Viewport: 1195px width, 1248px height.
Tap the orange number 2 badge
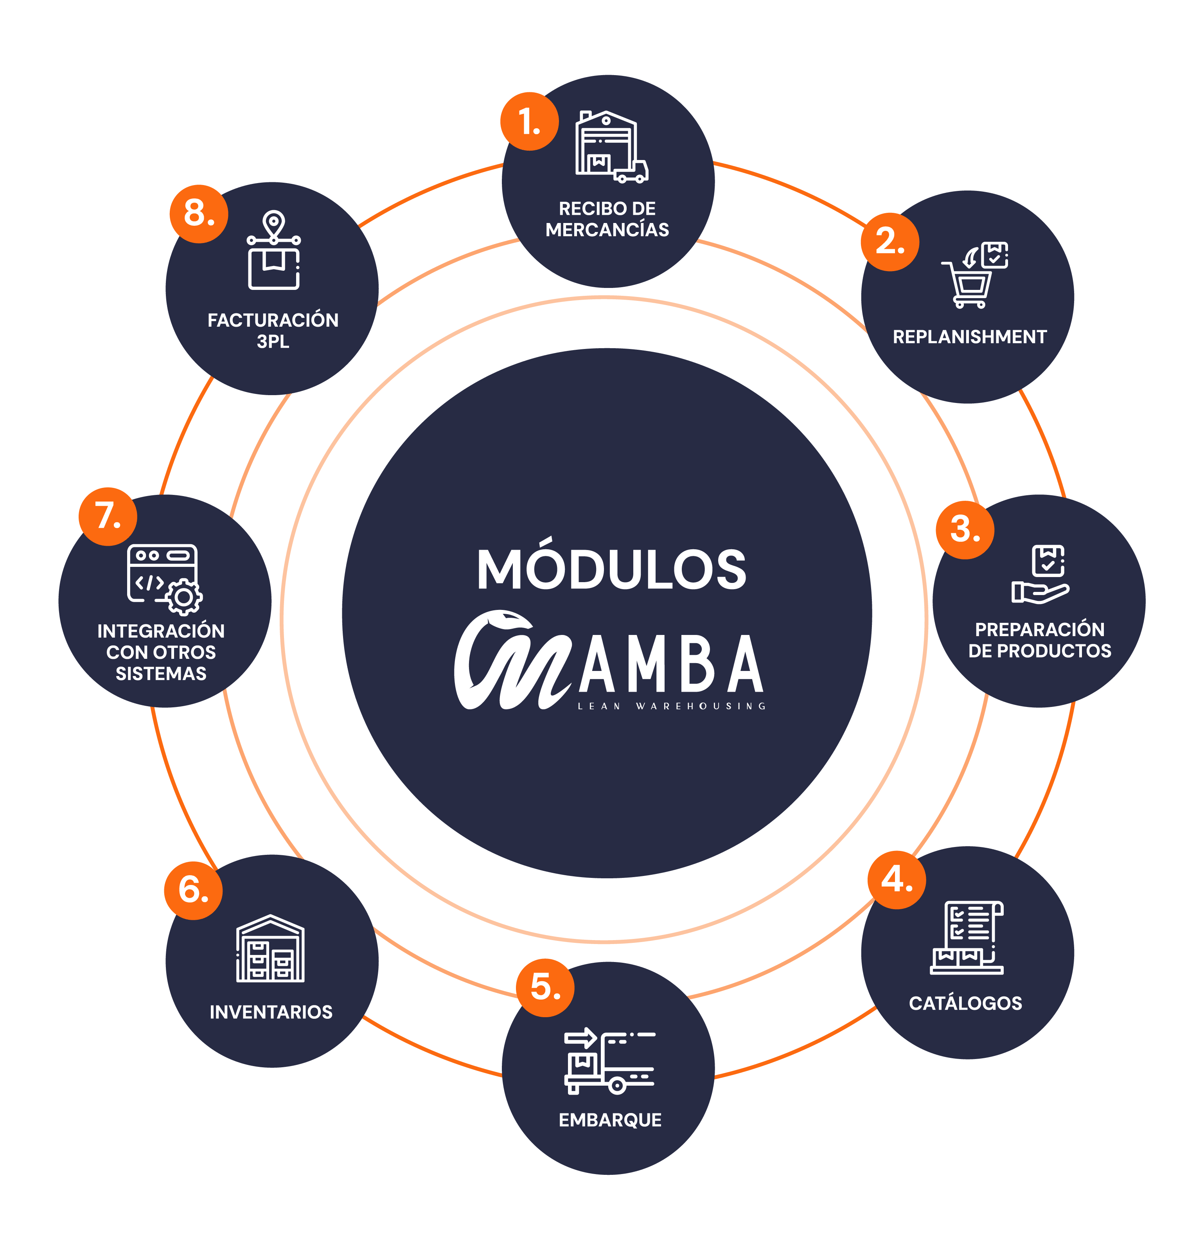click(x=890, y=242)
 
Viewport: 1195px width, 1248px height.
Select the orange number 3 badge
click(x=965, y=530)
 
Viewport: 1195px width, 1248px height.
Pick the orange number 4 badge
click(x=897, y=880)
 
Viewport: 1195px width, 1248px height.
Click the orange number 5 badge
click(x=544, y=987)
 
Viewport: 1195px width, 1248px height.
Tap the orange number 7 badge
click(x=108, y=516)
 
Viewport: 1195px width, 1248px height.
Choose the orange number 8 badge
click(x=199, y=214)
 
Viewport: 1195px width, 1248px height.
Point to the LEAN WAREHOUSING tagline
click(x=671, y=706)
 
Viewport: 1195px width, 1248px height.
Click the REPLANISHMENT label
click(x=969, y=337)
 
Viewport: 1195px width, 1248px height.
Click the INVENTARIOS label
click(x=271, y=1012)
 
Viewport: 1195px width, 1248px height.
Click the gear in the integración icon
click(x=184, y=597)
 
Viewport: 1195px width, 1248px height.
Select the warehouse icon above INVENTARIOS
click(x=271, y=948)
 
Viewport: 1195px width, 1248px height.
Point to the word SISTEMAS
click(x=161, y=674)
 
